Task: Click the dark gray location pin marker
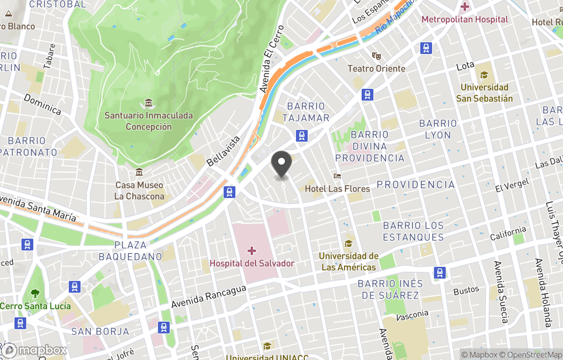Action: [x=282, y=163]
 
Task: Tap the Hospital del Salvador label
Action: [x=252, y=263]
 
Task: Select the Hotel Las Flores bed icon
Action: [x=338, y=177]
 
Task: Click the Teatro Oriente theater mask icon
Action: [x=376, y=56]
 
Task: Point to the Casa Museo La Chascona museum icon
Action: [x=139, y=172]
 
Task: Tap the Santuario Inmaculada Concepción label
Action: [x=149, y=121]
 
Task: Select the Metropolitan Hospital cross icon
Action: [x=464, y=7]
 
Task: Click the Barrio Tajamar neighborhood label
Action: [x=305, y=112]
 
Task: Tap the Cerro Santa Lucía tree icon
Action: [x=35, y=293]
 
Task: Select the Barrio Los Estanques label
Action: [x=413, y=231]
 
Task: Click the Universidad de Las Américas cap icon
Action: [x=348, y=244]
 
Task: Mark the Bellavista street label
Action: [x=224, y=151]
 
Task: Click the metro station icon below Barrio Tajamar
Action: [x=301, y=136]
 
